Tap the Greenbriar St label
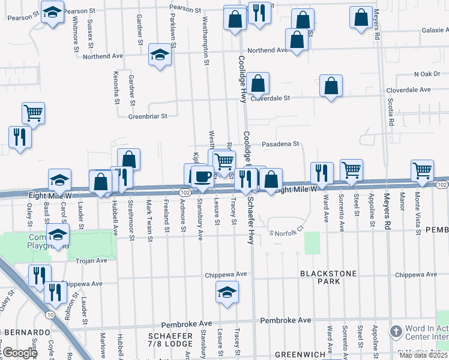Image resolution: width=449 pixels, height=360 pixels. click(147, 116)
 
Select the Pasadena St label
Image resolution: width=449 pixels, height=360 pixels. click(280, 145)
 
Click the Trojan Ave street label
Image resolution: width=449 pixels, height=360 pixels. click(91, 260)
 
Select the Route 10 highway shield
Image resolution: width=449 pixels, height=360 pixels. click(49, 314)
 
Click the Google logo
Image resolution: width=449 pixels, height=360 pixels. click(20, 353)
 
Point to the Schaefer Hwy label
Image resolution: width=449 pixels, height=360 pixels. click(250, 221)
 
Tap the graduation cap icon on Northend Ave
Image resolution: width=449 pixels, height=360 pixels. click(160, 55)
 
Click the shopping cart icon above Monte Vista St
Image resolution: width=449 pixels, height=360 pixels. click(422, 170)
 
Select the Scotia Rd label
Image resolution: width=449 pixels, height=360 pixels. click(391, 113)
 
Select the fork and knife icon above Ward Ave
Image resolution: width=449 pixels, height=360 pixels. click(322, 172)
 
